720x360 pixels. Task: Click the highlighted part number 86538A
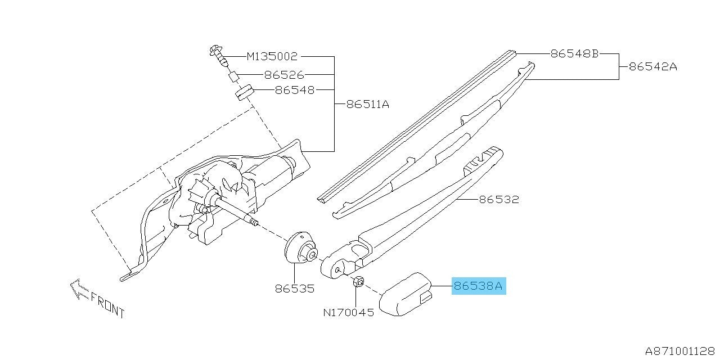(x=478, y=286)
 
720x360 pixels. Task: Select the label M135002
(x=272, y=57)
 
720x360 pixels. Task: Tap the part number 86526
(x=284, y=75)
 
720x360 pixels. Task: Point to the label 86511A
(x=368, y=105)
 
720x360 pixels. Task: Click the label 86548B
(x=575, y=53)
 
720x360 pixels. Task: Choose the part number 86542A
(x=653, y=67)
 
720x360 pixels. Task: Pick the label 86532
(x=499, y=200)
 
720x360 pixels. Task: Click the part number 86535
(x=295, y=289)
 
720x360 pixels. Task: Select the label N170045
(x=349, y=312)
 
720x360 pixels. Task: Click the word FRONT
(x=107, y=305)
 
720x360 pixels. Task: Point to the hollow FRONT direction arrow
(x=79, y=289)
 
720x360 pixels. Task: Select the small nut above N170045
(x=358, y=282)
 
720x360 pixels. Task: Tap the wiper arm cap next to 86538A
(x=406, y=294)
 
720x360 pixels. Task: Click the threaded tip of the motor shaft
(x=254, y=222)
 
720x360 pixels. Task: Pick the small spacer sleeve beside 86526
(x=233, y=77)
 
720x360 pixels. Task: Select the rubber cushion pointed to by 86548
(x=244, y=92)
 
